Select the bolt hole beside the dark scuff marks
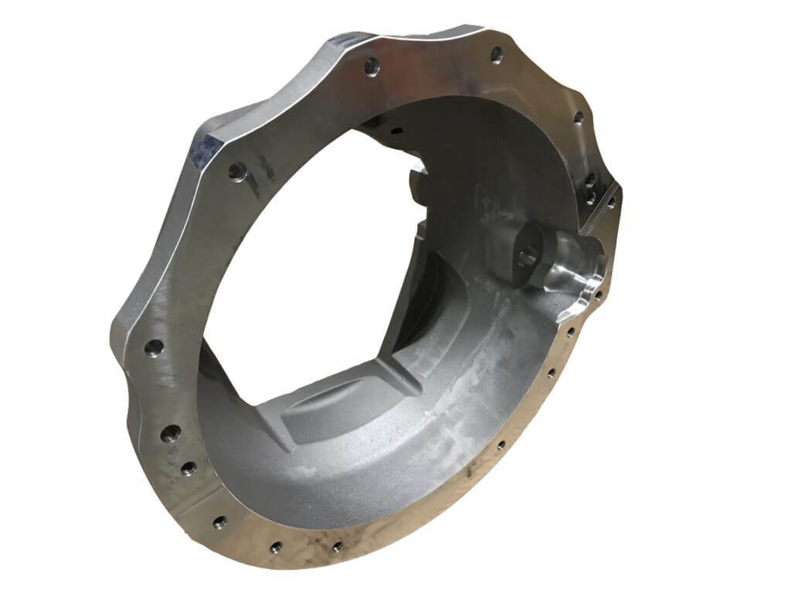tap(235, 171)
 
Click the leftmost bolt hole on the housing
tap(154, 346)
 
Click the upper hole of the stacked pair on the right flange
tap(589, 179)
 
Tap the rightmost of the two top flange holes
tap(496, 55)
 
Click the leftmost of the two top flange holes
tap(371, 65)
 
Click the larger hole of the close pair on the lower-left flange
tap(171, 434)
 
